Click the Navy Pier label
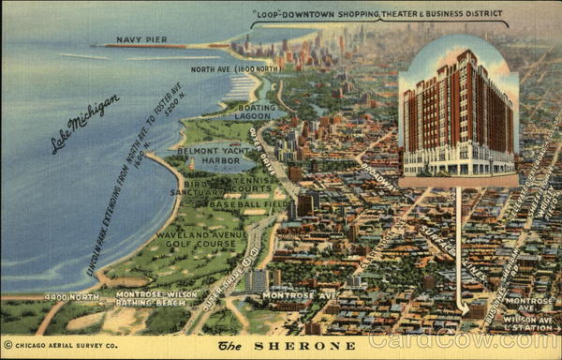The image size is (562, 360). (141, 40)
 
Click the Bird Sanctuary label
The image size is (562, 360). (198, 187)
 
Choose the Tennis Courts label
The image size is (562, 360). (256, 184)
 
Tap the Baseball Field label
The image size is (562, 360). (247, 203)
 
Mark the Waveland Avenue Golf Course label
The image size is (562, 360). (201, 241)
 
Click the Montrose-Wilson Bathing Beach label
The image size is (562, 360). (156, 299)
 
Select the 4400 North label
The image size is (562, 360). (71, 296)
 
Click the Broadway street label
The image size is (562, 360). (378, 178)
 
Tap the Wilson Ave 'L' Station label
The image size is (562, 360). (528, 322)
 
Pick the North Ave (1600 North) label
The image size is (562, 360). (234, 69)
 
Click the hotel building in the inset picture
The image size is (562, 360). (457, 112)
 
